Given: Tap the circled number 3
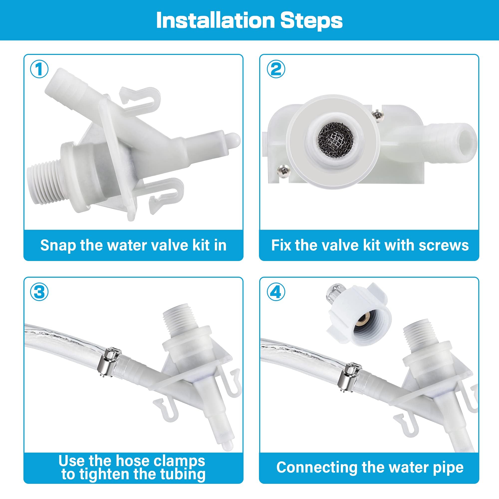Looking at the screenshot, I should pyautogui.click(x=39, y=292).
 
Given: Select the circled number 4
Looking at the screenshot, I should pyautogui.click(x=276, y=292).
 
